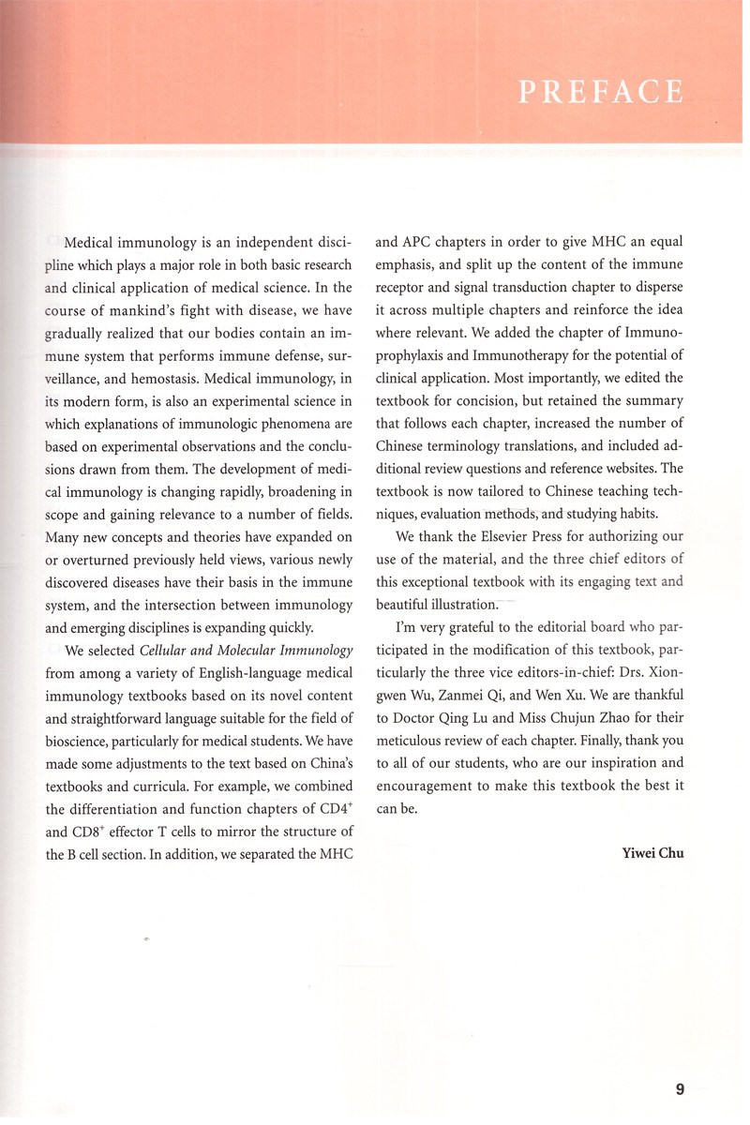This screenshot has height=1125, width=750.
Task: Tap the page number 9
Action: click(680, 1088)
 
